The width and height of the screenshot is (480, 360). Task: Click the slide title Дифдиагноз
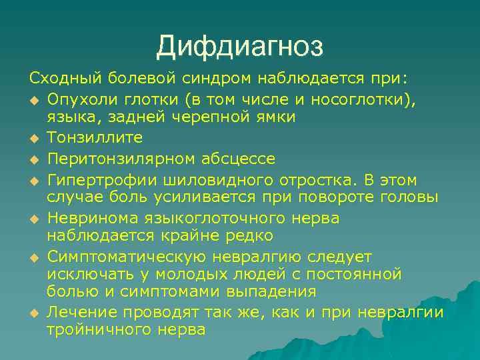[240, 47]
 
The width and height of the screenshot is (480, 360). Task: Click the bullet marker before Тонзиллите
[34, 138]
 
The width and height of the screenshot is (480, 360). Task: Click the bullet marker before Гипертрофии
[34, 181]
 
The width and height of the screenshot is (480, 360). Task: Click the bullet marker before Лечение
[34, 313]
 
